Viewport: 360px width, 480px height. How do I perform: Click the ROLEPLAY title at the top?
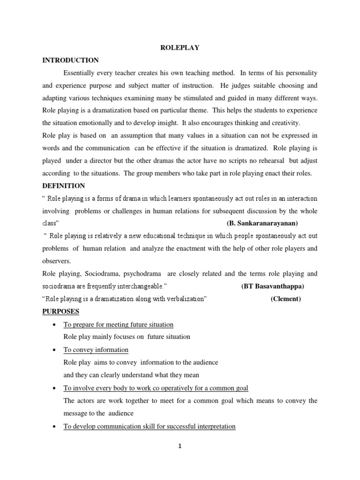pos(180,48)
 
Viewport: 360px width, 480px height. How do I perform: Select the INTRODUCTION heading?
pos(70,60)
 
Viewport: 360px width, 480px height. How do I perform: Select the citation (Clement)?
pos(285,299)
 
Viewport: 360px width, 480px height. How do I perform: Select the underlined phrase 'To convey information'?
pos(96,350)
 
